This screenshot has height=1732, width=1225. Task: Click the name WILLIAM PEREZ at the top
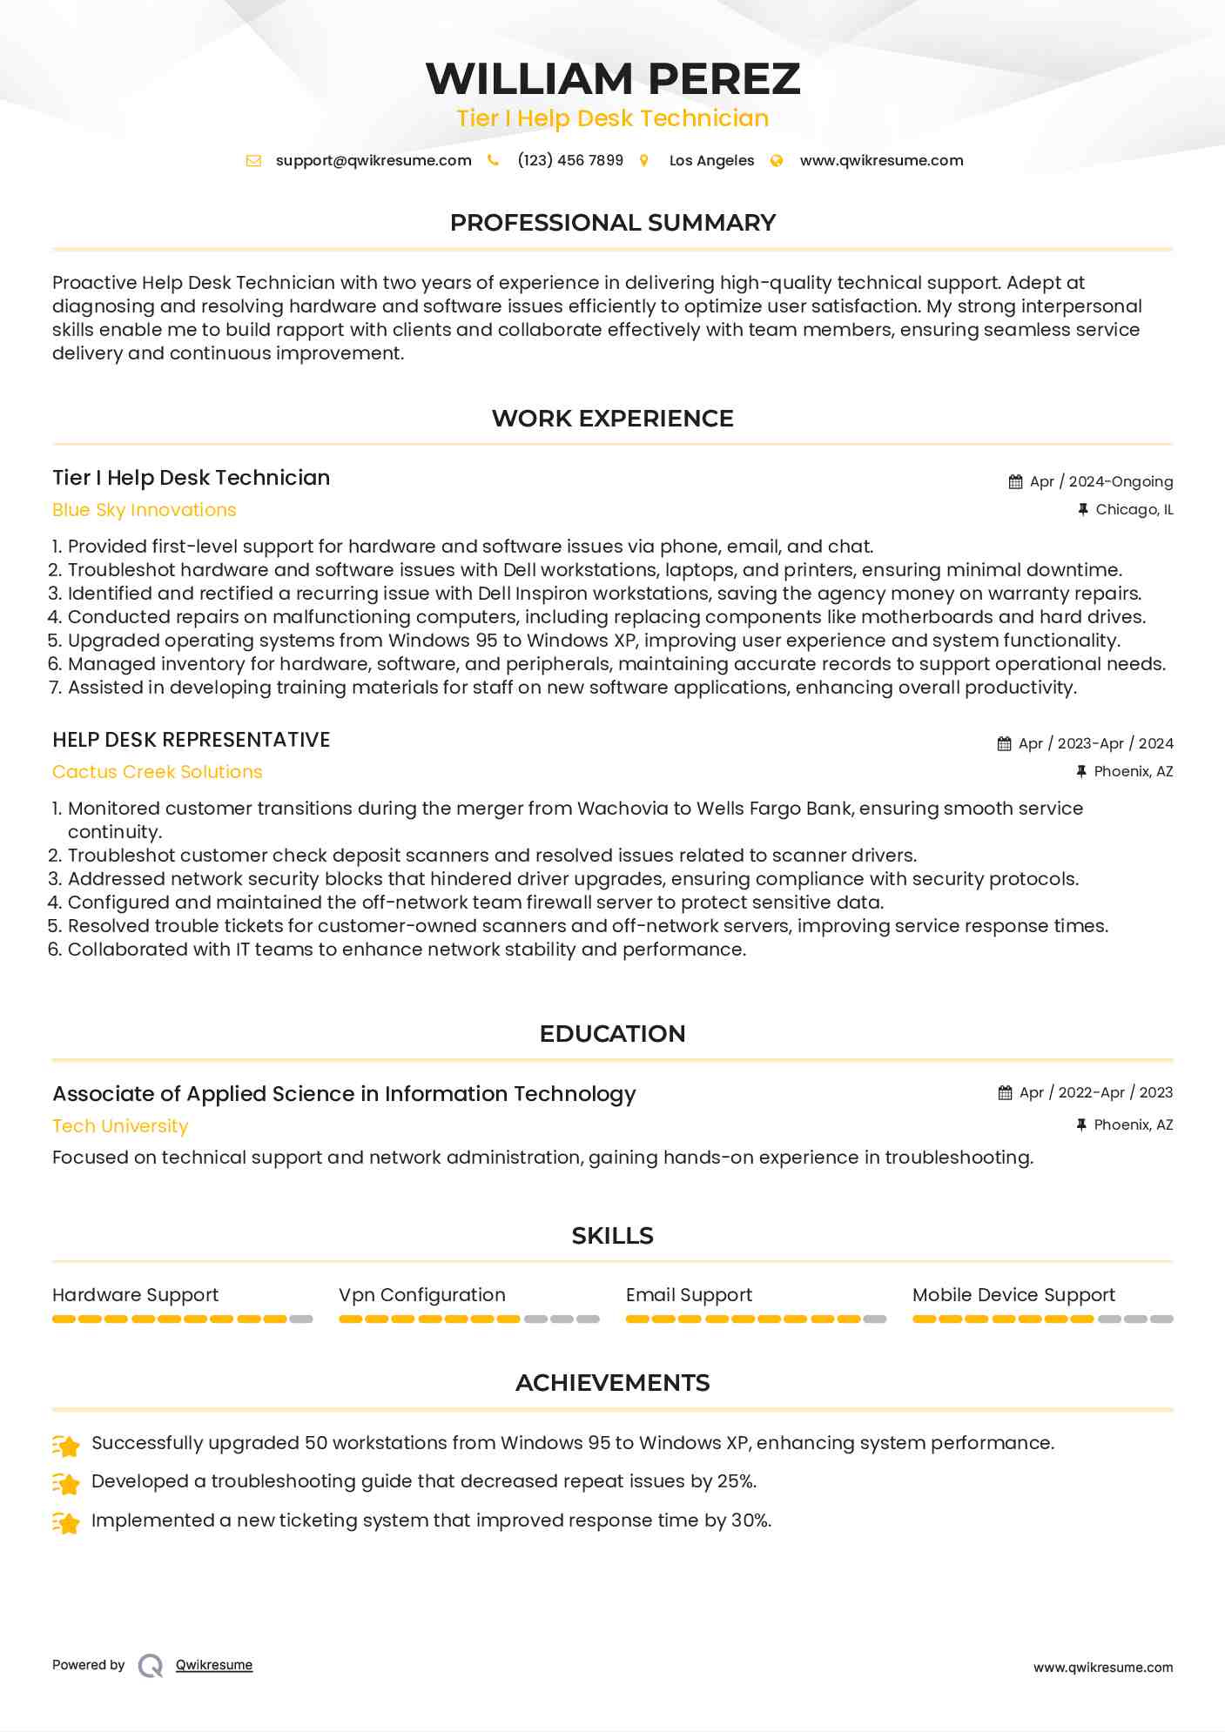click(612, 78)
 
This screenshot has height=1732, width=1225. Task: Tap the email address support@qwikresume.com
click(374, 160)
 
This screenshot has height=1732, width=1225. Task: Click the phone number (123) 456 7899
click(570, 160)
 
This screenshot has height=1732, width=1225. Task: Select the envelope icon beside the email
click(253, 160)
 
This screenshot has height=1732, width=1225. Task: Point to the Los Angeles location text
click(711, 160)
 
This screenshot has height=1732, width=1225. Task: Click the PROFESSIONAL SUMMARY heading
click(612, 223)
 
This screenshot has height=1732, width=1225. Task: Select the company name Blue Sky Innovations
click(145, 510)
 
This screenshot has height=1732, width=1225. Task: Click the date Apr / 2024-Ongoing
click(1101, 481)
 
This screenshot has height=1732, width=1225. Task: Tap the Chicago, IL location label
click(1134, 509)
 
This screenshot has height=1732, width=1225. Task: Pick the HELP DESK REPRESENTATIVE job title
click(192, 740)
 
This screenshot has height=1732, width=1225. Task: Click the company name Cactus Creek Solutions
click(158, 772)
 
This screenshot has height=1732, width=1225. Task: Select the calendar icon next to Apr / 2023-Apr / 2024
click(1004, 743)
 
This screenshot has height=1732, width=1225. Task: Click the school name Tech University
click(120, 1126)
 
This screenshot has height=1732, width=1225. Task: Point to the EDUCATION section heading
click(612, 1034)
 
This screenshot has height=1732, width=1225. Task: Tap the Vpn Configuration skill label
click(422, 1295)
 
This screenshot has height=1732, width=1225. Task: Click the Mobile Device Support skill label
click(1013, 1295)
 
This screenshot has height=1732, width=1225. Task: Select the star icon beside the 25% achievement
click(66, 1482)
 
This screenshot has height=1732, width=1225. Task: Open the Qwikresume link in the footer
click(214, 1665)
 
